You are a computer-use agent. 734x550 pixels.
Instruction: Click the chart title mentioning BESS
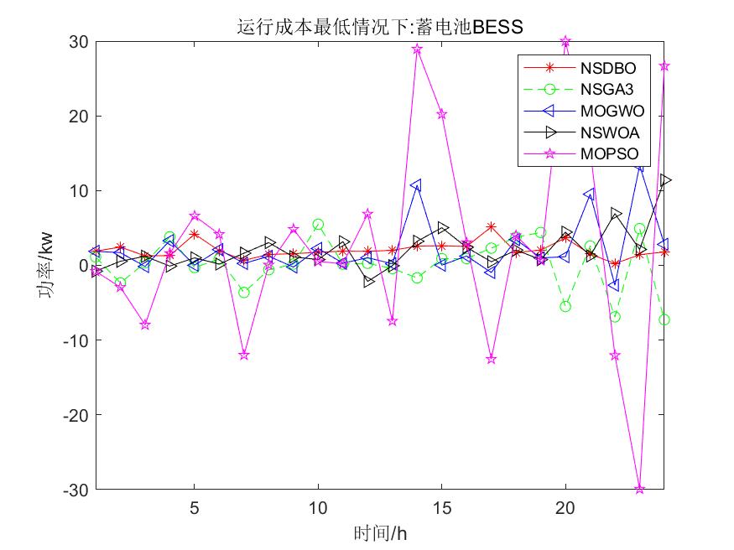(379, 27)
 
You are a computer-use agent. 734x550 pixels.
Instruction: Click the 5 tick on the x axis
(195, 507)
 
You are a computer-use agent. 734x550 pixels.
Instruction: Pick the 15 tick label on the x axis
(442, 507)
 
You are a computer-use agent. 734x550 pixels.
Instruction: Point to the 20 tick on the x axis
(565, 507)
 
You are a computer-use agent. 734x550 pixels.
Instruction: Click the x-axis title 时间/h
(379, 532)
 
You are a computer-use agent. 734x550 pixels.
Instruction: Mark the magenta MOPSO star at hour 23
(640, 489)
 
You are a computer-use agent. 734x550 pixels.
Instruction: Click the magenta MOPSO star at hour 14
(417, 49)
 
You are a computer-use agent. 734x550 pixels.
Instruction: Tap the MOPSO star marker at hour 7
(244, 355)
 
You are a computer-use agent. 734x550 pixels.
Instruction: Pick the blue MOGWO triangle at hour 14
(416, 184)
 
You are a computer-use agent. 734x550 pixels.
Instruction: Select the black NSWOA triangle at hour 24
(664, 180)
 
